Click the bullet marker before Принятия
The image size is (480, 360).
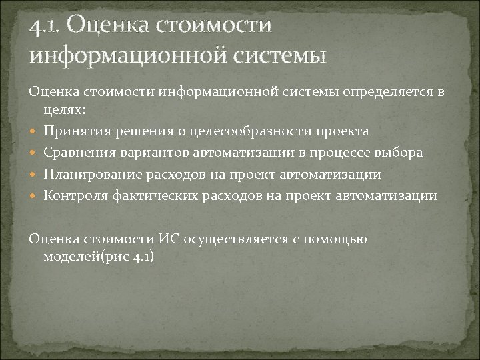[36, 131]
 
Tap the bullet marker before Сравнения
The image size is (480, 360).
[36, 153]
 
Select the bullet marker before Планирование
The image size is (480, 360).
[36, 174]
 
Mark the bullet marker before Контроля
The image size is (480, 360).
[36, 195]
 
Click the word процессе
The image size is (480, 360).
[335, 152]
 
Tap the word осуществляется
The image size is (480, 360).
[226, 238]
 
